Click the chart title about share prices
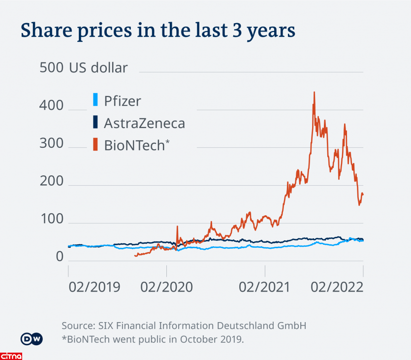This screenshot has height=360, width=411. pyautogui.click(x=158, y=31)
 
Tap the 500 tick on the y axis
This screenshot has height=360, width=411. pyautogui.click(x=51, y=67)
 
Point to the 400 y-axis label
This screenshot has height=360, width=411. pyautogui.click(x=51, y=105)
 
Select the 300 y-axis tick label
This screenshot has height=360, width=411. pyautogui.click(x=51, y=143)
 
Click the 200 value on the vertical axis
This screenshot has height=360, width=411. pyautogui.click(x=51, y=181)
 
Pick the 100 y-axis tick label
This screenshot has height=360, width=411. pyautogui.click(x=51, y=219)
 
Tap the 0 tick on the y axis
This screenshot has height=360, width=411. pyautogui.click(x=59, y=257)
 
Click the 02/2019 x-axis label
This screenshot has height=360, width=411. pyautogui.click(x=94, y=287)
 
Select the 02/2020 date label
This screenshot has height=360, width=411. pyautogui.click(x=166, y=287)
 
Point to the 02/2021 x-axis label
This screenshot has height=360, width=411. pyautogui.click(x=264, y=287)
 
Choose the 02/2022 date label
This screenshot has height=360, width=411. pyautogui.click(x=337, y=287)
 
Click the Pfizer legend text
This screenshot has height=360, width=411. pyautogui.click(x=123, y=101)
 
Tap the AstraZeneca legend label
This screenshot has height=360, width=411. pyautogui.click(x=144, y=123)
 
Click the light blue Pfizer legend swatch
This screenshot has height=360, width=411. pyautogui.click(x=95, y=100)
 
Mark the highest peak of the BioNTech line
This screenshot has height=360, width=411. pyautogui.click(x=314, y=92)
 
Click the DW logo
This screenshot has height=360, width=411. pyautogui.click(x=32, y=339)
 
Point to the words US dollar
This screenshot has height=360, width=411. pyautogui.click(x=98, y=67)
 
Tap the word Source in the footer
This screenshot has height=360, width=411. pyautogui.click(x=78, y=326)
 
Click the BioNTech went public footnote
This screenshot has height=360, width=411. pyautogui.click(x=153, y=339)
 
